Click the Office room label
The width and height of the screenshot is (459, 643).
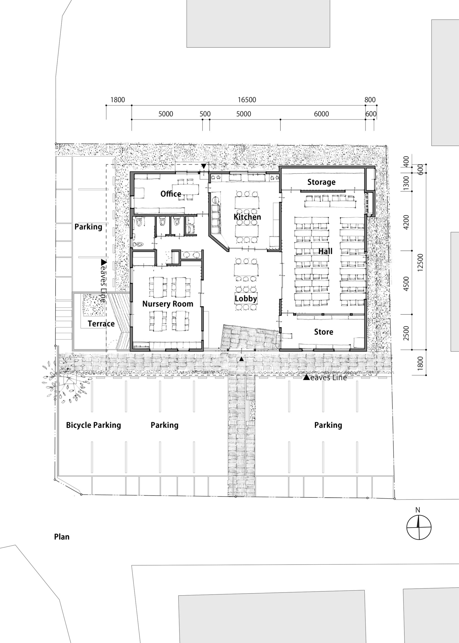[x=171, y=194]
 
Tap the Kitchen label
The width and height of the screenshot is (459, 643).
[x=247, y=217]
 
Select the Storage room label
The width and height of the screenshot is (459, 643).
[x=321, y=182]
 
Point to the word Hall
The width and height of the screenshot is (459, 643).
[x=325, y=251]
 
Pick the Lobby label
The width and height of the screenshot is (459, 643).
[x=246, y=299]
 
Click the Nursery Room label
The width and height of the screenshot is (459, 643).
[x=168, y=304]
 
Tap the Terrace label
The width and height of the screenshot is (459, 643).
[x=101, y=324]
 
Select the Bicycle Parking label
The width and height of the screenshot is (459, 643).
[x=93, y=425]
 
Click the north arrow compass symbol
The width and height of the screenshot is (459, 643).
[x=419, y=527]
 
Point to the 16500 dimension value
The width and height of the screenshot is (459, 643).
[x=247, y=100]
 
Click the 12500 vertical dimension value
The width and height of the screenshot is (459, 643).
[x=420, y=262]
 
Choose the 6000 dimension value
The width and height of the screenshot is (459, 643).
[x=321, y=114]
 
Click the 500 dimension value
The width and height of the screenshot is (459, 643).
[x=205, y=114]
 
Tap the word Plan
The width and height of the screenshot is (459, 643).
[x=62, y=537]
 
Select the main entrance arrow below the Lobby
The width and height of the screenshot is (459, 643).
[x=241, y=359]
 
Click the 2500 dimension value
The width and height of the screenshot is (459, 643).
[x=406, y=333]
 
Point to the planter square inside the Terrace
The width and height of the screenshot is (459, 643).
[x=93, y=306]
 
